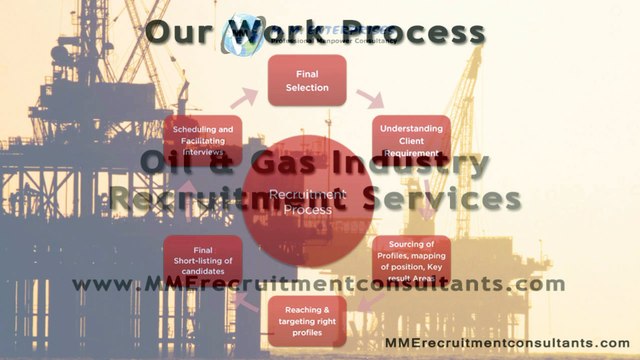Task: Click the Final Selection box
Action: pos(306,80)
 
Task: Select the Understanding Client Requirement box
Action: pos(411,140)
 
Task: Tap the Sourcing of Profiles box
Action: pos(411,261)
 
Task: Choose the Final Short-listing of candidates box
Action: pos(203,260)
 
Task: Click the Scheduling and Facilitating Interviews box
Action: pos(203,140)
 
